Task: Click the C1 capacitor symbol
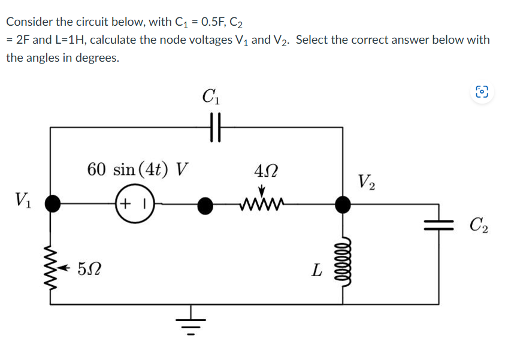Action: (216, 128)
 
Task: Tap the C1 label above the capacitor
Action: (211, 96)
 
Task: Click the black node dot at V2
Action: (343, 205)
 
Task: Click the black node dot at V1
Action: (53, 205)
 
